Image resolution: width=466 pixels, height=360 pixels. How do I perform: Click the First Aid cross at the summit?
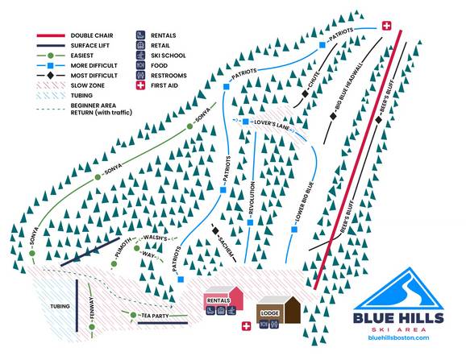385,27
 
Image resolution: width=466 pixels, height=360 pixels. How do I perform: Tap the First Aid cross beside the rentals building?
246,326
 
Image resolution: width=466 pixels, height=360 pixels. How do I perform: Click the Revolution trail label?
251,197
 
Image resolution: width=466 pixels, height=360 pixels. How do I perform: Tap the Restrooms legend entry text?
170,75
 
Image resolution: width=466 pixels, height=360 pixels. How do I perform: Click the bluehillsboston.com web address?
399,337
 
